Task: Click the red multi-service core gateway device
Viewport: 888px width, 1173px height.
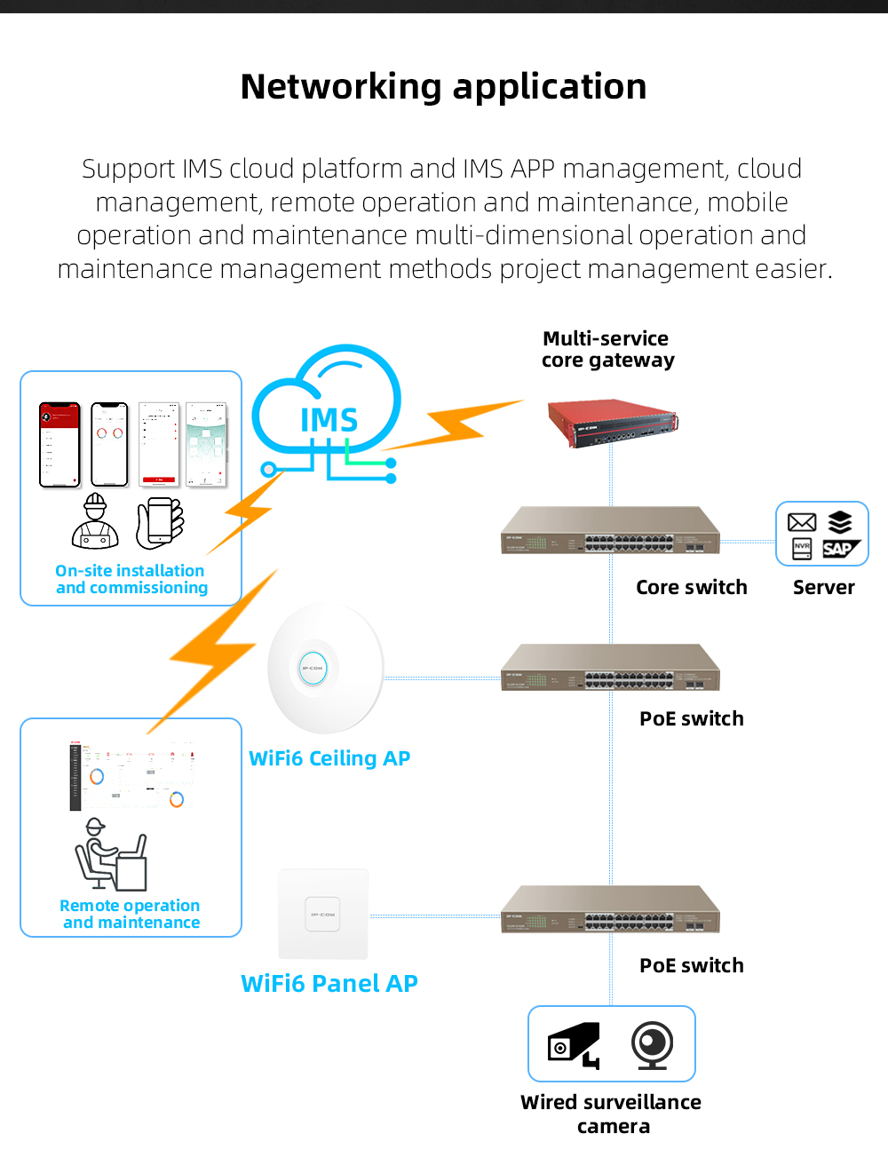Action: click(613, 422)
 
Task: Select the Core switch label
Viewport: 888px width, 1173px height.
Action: click(691, 587)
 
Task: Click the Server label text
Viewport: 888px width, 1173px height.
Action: click(823, 587)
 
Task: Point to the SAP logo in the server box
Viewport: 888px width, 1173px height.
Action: click(839, 549)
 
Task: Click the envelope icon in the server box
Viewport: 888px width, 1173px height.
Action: click(802, 522)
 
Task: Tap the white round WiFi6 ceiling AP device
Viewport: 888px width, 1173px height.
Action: click(325, 669)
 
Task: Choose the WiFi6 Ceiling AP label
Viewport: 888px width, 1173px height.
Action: click(329, 758)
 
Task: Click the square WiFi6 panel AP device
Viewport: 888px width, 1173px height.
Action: click(323, 914)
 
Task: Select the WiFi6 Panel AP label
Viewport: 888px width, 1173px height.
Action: click(329, 984)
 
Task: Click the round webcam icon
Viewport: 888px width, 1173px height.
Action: click(652, 1045)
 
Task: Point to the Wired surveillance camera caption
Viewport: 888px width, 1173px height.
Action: click(611, 1114)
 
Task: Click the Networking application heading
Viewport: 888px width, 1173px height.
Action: click(443, 87)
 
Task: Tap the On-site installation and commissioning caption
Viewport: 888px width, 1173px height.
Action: click(131, 579)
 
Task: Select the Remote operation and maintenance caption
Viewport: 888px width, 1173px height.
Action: click(131, 914)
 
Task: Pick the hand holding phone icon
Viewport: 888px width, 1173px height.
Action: click(161, 522)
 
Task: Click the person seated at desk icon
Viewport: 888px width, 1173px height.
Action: click(110, 854)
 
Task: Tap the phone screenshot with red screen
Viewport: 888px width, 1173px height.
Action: click(59, 445)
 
